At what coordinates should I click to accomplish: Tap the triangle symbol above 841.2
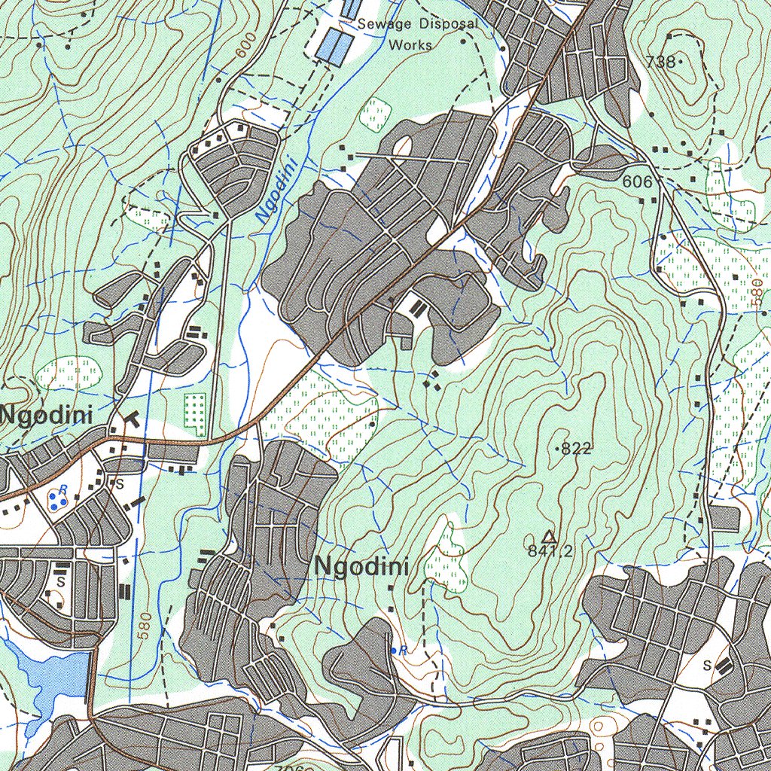coord(550,536)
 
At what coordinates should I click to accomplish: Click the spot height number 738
coord(660,62)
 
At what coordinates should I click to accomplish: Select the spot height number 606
coord(637,181)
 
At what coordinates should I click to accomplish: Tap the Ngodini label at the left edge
coord(47,415)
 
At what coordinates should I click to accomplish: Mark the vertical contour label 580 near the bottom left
coord(145,624)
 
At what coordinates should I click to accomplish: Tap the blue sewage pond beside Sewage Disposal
coord(334,47)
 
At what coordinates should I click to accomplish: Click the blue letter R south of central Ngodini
coord(403,650)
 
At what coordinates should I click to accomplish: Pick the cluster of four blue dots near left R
coord(55,499)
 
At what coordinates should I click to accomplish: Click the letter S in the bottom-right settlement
coord(707,665)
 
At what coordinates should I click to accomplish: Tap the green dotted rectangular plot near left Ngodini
coord(195,410)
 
